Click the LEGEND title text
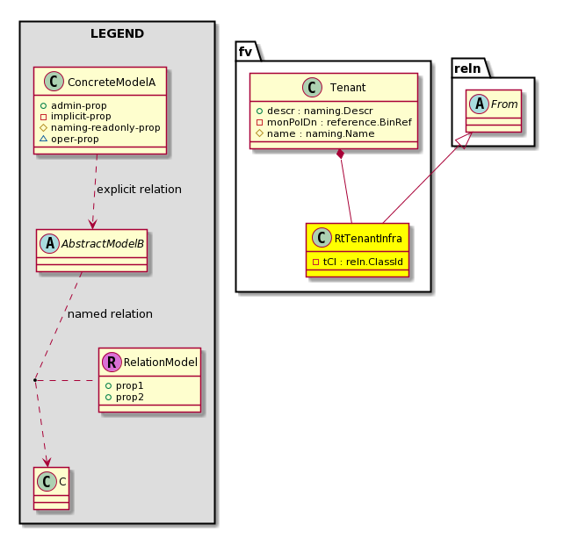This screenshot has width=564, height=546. pyautogui.click(x=117, y=33)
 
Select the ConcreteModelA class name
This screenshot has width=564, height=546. pyautogui.click(x=112, y=83)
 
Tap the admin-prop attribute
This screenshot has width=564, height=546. pyautogui.click(x=79, y=105)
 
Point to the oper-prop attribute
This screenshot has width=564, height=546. pyautogui.click(x=75, y=139)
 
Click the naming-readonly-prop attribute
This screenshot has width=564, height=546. pyautogui.click(x=105, y=127)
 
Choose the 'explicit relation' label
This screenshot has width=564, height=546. pyautogui.click(x=139, y=190)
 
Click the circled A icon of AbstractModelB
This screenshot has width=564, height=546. pyautogui.click(x=50, y=243)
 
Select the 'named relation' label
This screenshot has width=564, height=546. pyautogui.click(x=110, y=314)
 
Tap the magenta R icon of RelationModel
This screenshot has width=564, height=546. pyautogui.click(x=112, y=362)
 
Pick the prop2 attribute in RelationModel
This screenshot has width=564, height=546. pyautogui.click(x=129, y=397)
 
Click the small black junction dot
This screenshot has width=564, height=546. pyautogui.click(x=35, y=380)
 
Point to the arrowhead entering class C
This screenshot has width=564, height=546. pyautogui.click(x=47, y=462)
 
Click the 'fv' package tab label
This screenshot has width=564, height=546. pyautogui.click(x=245, y=52)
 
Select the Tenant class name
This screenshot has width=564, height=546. pyautogui.click(x=348, y=88)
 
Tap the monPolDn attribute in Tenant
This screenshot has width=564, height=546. pyautogui.click(x=339, y=122)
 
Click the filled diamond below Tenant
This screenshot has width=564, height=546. pyautogui.click(x=340, y=154)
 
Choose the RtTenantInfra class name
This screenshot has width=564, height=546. pyautogui.click(x=368, y=238)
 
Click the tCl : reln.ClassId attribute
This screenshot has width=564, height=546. pyautogui.click(x=363, y=262)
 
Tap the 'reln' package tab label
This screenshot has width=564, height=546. pyautogui.click(x=467, y=68)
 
